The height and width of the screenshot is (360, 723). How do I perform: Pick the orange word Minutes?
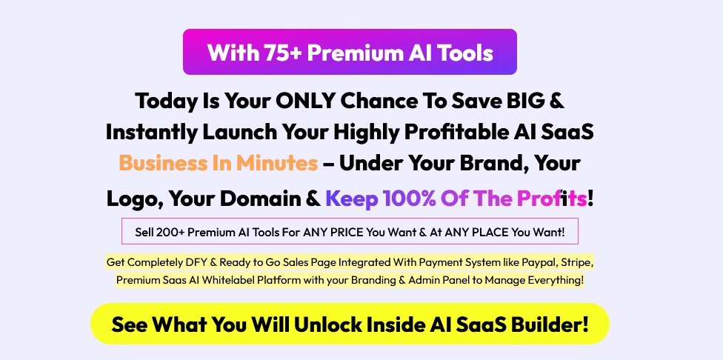tap(278, 163)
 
